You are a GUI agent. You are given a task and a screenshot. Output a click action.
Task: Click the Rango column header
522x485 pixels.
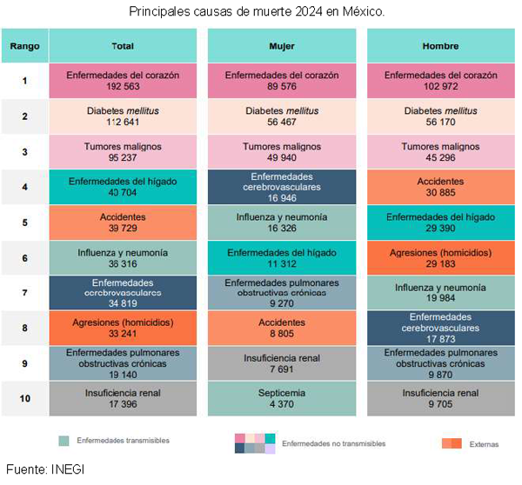25,45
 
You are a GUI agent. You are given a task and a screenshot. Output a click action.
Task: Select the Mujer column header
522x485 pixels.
281,45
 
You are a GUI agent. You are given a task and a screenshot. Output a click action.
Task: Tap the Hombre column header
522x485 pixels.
440,45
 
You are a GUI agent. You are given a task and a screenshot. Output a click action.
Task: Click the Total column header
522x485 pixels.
123,45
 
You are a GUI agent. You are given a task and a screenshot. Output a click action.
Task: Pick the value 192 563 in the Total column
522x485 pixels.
123,88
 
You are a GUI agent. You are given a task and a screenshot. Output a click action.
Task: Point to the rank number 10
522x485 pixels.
25,399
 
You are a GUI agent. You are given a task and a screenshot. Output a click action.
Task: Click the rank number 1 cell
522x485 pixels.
25,81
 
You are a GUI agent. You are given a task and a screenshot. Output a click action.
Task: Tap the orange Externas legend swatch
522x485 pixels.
452,443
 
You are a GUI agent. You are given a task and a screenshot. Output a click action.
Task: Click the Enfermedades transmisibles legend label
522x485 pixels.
122,441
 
